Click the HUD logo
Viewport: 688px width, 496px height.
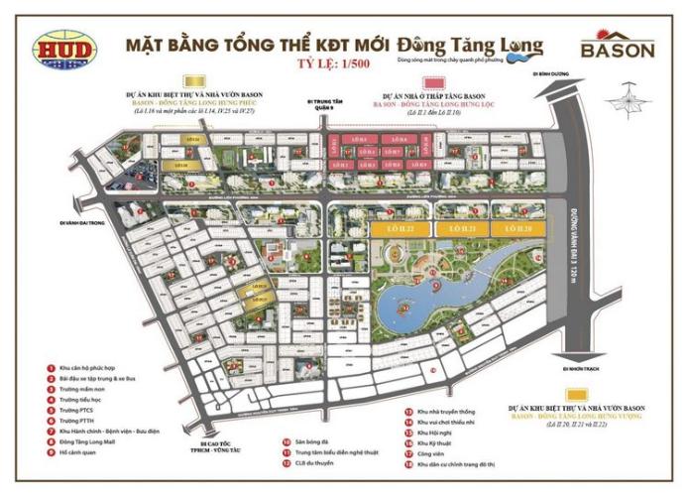pos(62,49)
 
